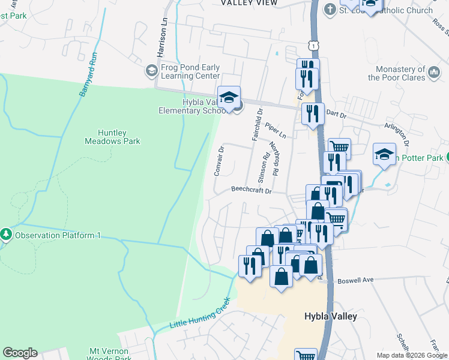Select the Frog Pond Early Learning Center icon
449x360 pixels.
[151, 71]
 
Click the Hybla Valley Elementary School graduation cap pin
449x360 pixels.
[229, 98]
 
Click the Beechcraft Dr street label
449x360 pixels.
[252, 191]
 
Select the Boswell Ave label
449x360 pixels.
[355, 280]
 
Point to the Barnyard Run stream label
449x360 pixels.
[88, 76]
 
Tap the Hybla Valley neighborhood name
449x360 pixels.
[330, 316]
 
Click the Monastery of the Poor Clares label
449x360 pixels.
[396, 73]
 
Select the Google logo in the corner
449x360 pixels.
[20, 353]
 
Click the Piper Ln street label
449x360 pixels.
[277, 131]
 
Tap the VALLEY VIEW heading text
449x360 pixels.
[249, 3]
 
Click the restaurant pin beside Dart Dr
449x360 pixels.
[312, 114]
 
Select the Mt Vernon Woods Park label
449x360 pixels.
[110, 354]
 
